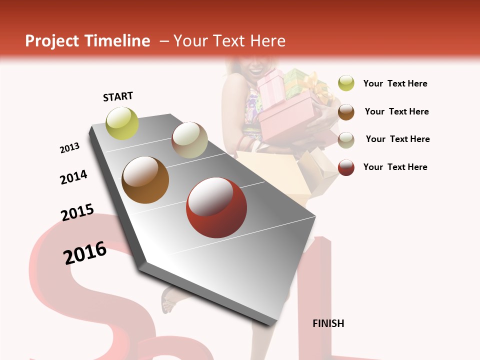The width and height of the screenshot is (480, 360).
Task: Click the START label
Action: (118, 96)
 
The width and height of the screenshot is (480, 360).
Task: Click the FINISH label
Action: (328, 323)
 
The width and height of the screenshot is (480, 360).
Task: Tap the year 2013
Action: (69, 148)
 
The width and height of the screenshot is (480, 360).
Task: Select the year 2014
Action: (73, 177)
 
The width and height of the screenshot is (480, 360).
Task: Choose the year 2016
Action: (85, 253)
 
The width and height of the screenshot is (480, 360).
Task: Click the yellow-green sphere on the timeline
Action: (122, 123)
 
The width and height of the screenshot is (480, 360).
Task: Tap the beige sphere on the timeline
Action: (189, 140)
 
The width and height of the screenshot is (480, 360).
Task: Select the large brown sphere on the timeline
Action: (145, 180)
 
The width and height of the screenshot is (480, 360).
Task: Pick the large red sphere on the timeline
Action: (216, 207)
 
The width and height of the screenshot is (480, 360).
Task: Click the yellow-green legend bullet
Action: (346, 83)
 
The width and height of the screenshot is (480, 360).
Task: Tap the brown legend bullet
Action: (346, 111)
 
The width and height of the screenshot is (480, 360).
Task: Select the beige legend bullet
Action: (346, 139)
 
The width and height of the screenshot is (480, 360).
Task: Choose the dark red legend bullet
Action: (346, 167)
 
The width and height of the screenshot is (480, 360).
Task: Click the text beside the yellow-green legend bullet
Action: (395, 83)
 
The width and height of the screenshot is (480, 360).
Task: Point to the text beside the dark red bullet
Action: (395, 167)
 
